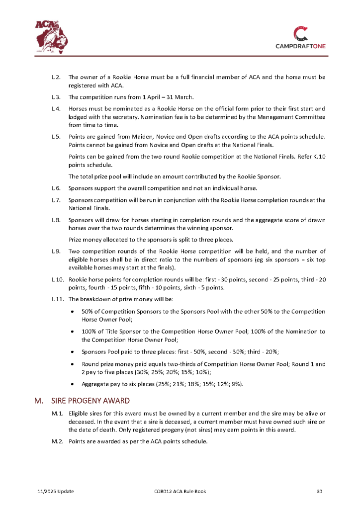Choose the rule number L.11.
[57, 299]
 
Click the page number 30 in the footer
[320, 492]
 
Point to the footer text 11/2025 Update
[56, 492]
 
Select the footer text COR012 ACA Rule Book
[180, 492]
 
